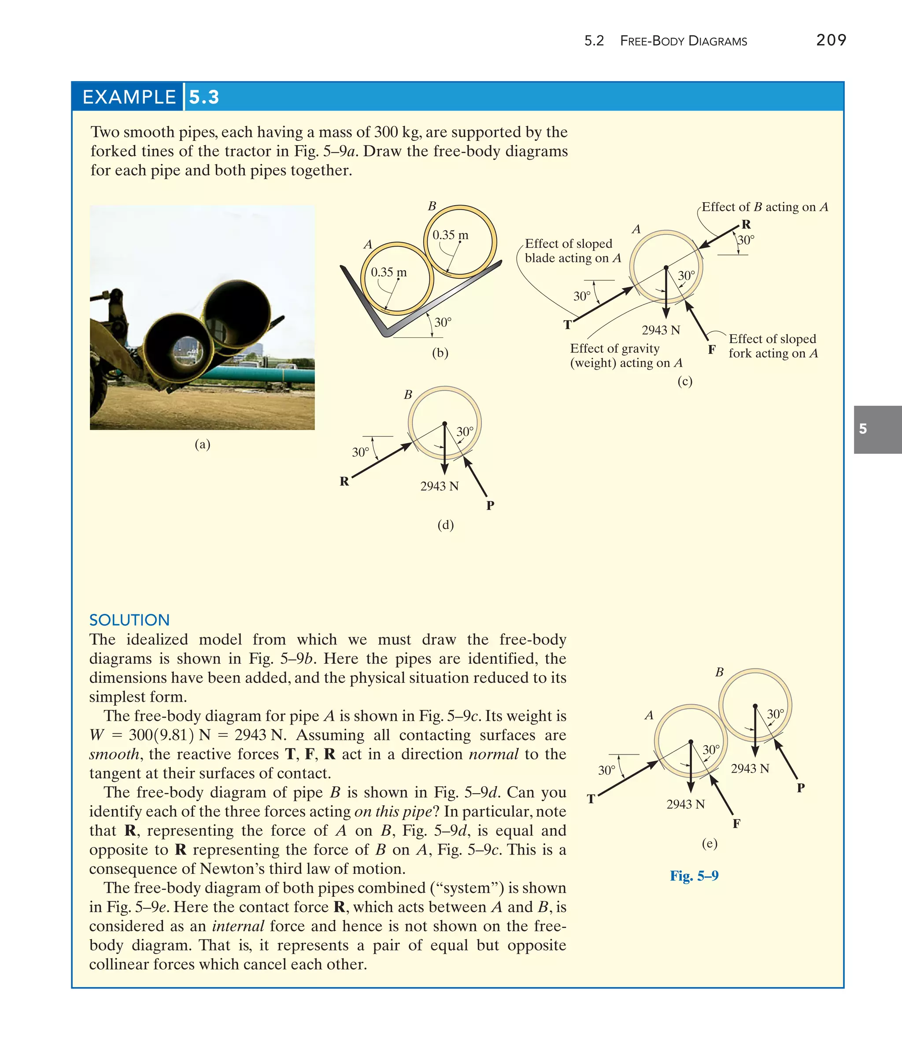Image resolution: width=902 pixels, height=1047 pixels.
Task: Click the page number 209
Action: tap(831, 40)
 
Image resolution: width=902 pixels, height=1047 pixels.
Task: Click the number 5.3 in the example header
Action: tap(204, 97)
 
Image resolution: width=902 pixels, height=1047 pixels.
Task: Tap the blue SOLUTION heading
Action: tap(129, 620)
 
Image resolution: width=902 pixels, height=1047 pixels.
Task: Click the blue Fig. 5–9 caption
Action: tap(694, 876)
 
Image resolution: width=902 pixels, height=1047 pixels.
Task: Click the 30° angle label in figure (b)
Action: tap(443, 322)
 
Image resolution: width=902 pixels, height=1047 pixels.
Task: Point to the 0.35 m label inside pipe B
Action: tap(450, 235)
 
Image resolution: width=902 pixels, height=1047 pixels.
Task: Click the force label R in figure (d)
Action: tap(344, 481)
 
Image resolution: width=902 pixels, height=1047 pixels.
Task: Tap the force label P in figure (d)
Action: tap(490, 505)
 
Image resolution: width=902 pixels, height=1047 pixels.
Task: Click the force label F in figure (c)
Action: tap(711, 349)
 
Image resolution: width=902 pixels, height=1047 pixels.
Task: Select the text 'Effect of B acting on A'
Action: tap(765, 207)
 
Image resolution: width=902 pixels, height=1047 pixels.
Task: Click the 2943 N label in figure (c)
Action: tap(661, 330)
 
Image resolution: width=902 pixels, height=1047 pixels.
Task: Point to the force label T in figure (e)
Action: tap(591, 799)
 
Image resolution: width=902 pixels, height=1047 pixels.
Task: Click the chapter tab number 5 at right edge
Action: tap(863, 429)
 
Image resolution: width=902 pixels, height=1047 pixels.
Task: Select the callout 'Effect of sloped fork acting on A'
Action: tap(773, 346)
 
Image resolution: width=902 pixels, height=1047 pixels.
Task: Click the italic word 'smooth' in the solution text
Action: tap(114, 754)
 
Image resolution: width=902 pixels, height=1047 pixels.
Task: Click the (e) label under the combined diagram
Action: tap(710, 843)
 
